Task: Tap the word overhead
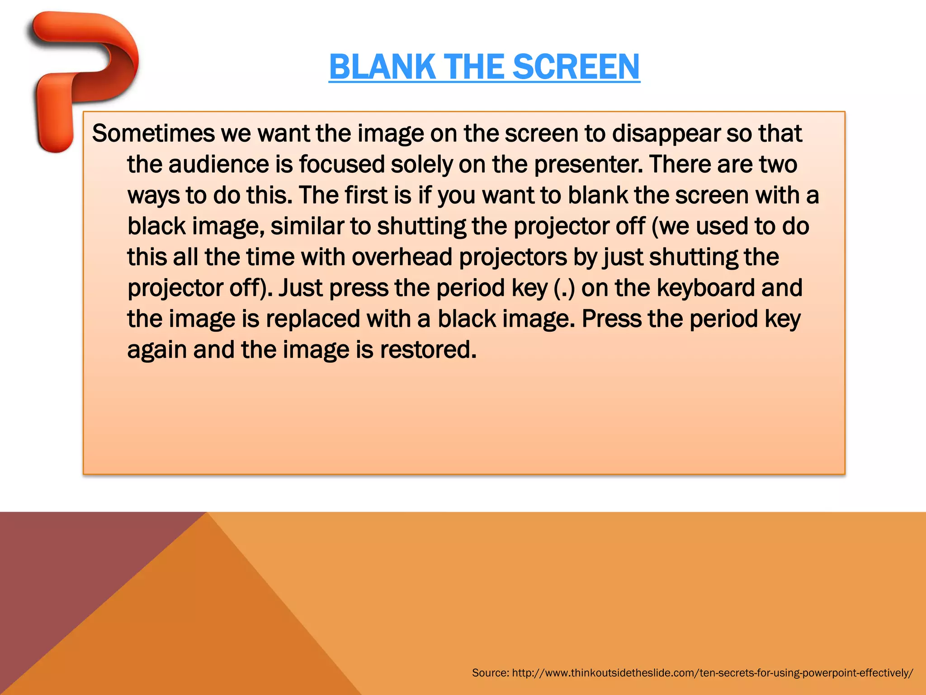pyautogui.click(x=402, y=257)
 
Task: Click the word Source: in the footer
pyautogui.click(x=490, y=673)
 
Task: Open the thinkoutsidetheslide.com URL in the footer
pyautogui.click(x=713, y=673)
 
